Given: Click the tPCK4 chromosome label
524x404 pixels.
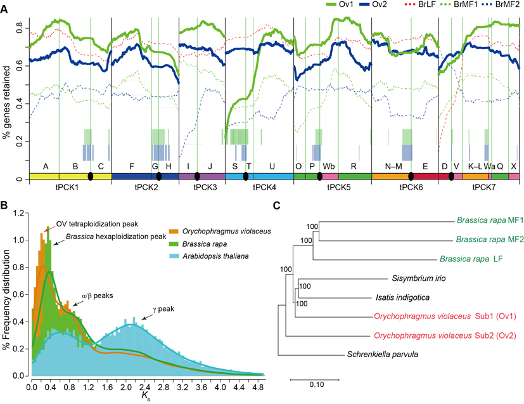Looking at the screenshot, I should pyautogui.click(x=259, y=188).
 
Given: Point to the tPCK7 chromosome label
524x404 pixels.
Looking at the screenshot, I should pyautogui.click(x=478, y=188).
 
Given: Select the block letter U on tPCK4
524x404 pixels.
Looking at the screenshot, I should pyautogui.click(x=272, y=166).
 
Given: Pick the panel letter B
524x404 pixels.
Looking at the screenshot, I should pyautogui.click(x=4, y=205).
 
